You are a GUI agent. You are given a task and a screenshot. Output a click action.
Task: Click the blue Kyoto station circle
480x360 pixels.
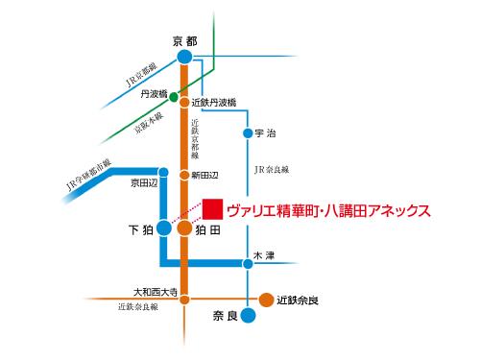pyautogui.click(x=184, y=58)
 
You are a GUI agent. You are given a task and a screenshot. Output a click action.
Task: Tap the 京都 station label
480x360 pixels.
pyautogui.click(x=183, y=40)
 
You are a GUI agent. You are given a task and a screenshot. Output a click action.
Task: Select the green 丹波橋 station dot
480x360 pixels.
pyautogui.click(x=173, y=96)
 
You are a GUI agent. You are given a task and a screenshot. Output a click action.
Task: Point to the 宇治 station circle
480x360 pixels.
pyautogui.click(x=248, y=132)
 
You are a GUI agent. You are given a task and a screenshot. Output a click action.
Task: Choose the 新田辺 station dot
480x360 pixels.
pyautogui.click(x=184, y=175)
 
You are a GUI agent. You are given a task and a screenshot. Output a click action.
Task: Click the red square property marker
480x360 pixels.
pyautogui.click(x=212, y=208)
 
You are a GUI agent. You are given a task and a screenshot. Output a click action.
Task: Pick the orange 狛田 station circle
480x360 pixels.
pyautogui.click(x=184, y=229)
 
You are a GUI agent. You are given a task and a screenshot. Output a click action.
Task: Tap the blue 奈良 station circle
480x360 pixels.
pyautogui.click(x=248, y=314)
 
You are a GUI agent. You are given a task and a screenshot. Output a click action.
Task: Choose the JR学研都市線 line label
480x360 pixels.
pyautogui.click(x=87, y=172)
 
